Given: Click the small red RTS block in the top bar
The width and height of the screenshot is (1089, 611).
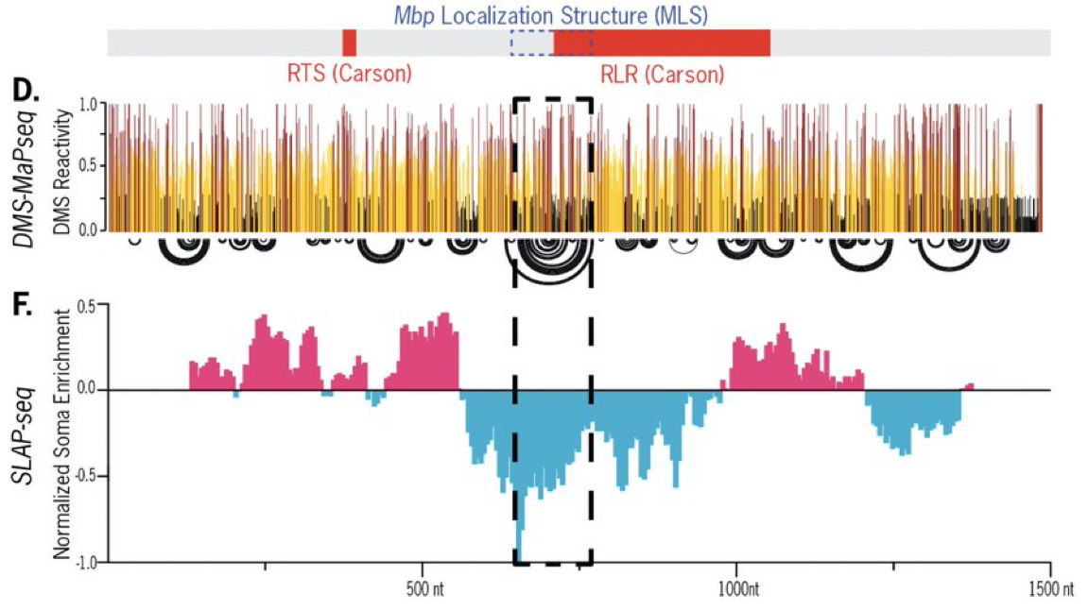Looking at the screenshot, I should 349,42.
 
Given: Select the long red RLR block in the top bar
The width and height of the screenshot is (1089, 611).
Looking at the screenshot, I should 662,42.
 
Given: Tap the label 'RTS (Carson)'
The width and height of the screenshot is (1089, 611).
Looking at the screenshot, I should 349,73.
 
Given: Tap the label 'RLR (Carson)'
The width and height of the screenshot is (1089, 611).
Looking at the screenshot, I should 662,74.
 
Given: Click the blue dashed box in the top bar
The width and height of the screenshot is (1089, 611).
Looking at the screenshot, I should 531,42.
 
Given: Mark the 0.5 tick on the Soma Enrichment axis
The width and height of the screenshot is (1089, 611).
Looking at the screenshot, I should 91,304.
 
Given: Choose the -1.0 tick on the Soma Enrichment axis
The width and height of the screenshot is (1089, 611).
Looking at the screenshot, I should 89,563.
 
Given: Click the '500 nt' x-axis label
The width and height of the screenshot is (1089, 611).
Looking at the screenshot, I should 423,587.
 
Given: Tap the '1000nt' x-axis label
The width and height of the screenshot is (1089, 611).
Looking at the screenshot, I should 735,587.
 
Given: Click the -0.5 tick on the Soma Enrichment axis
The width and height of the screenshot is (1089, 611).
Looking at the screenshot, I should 89,477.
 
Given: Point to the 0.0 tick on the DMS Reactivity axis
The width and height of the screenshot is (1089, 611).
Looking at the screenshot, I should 91,229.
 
